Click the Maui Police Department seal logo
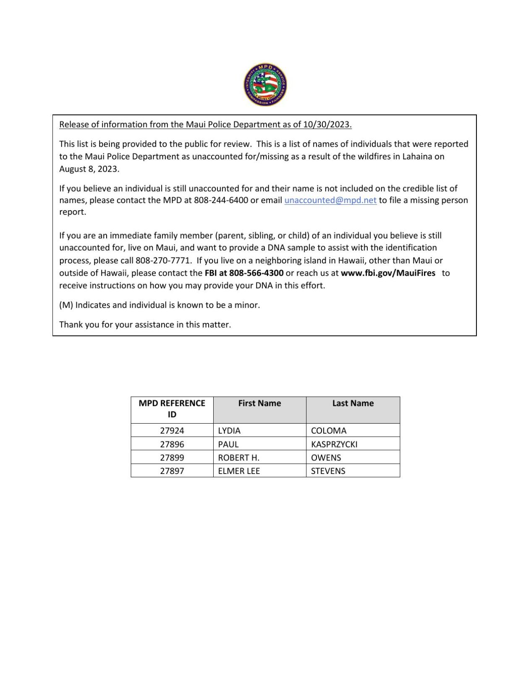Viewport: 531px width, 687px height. coord(265,85)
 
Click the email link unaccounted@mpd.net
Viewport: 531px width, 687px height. coord(330,200)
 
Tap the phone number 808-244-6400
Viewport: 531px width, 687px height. coord(221,200)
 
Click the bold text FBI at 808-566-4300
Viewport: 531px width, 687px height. coord(244,273)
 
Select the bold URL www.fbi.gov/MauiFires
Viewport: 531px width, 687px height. coord(388,273)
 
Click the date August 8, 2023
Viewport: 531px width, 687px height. coord(89,169)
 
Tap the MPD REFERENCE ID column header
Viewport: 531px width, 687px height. coord(172,409)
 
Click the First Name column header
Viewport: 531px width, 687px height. coord(259,403)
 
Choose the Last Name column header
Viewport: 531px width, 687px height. coord(353,403)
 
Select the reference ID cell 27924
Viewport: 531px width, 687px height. coord(172,431)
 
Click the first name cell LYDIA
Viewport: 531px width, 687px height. coord(229,431)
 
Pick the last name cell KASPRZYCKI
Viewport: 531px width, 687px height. coord(334,444)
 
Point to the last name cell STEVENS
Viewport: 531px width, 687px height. coord(328,471)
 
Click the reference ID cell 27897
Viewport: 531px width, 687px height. coord(172,471)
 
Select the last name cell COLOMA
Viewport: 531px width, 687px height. coord(328,431)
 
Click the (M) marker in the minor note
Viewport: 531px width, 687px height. coord(66,305)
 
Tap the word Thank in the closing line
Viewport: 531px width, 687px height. coord(71,325)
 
